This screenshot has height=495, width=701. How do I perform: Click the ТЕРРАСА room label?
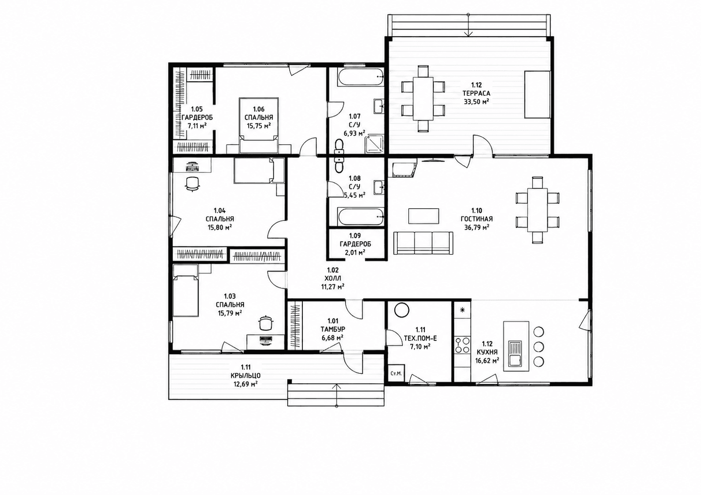(x=477, y=93)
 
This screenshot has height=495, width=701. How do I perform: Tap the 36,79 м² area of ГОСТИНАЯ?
(x=477, y=227)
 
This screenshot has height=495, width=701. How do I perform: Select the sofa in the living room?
(x=423, y=243)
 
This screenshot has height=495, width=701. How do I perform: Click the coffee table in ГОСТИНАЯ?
(x=424, y=217)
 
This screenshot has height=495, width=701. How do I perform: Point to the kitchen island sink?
(x=515, y=354)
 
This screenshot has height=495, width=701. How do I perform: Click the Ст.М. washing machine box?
(x=396, y=373)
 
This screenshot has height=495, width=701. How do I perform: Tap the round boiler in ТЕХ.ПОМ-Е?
(x=401, y=310)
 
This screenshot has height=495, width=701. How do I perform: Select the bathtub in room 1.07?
(x=360, y=77)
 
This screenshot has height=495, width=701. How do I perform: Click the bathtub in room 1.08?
(x=361, y=217)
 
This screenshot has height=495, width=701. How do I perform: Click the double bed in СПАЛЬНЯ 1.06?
(x=259, y=125)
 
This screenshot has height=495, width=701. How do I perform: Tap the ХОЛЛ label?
(x=333, y=278)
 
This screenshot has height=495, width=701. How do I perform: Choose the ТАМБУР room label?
(x=333, y=329)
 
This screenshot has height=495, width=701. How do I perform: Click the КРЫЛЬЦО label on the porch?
(x=246, y=375)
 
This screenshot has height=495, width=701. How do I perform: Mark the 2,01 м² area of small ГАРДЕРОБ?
(x=355, y=252)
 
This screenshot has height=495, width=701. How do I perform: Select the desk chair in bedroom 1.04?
(x=192, y=184)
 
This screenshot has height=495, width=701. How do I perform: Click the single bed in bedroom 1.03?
(x=185, y=290)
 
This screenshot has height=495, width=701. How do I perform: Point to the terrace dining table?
(x=423, y=98)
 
